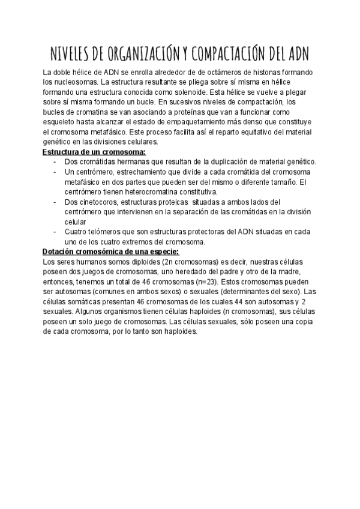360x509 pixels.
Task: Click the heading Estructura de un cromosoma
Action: pyautogui.click(x=95, y=152)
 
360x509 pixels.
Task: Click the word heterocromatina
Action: pyautogui.click(x=135, y=191)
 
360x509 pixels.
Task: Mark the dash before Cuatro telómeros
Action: pyautogui.click(x=55, y=232)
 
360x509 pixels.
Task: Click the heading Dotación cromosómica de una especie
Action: pyautogui.click(x=110, y=251)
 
